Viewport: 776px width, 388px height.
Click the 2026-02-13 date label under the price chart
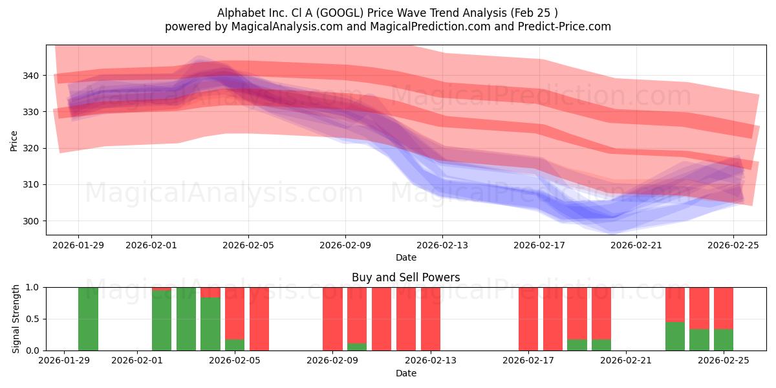pos(442,245)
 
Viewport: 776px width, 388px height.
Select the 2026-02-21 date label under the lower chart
pos(627,361)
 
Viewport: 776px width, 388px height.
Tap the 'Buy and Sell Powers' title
pos(405,277)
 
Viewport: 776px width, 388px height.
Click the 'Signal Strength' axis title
pos(16,319)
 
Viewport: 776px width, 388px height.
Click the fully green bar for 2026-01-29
pos(88,319)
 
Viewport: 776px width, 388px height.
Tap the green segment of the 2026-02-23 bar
pos(674,336)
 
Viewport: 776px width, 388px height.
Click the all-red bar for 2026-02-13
pos(431,319)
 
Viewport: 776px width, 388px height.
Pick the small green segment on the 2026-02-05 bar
pos(235,345)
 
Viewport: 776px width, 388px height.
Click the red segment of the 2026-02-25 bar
pos(724,308)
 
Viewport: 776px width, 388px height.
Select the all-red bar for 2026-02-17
pos(528,319)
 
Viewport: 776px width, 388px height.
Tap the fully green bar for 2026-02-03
pos(186,319)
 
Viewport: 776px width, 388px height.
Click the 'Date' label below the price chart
pos(405,257)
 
